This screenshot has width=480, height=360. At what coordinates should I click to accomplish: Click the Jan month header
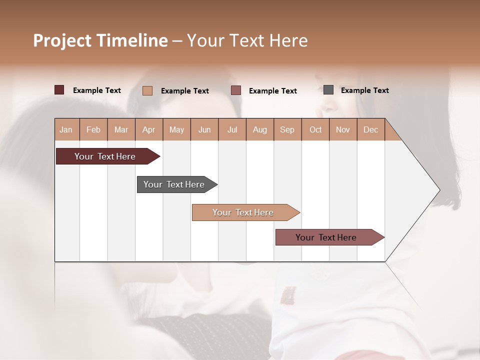[66, 129]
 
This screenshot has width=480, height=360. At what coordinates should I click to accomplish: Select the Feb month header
[93, 129]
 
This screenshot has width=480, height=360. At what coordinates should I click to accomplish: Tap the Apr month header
[148, 129]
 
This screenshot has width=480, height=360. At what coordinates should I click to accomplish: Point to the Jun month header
[204, 129]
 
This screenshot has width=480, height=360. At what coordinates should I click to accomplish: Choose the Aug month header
[260, 129]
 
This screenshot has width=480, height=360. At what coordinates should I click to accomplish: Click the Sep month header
[287, 129]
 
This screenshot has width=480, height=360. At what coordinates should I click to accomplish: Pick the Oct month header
[315, 129]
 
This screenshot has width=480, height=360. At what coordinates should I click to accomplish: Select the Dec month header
[370, 129]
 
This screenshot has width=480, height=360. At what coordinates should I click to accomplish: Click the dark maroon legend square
[59, 90]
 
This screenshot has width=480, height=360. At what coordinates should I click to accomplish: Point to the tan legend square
[147, 90]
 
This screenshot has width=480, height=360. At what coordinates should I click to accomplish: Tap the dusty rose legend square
[236, 90]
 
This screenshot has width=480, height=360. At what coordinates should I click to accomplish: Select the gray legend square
[328, 90]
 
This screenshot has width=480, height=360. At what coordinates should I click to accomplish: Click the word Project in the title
[62, 40]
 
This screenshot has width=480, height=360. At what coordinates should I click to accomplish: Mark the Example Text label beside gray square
[364, 90]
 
